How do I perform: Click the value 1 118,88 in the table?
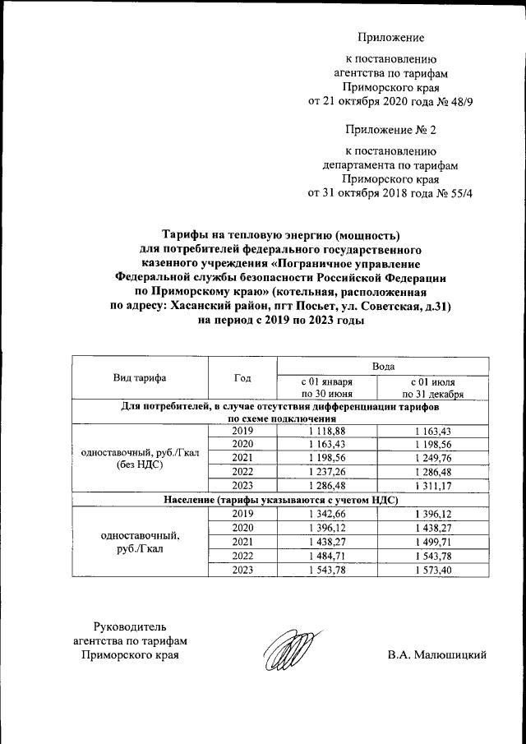tap(325, 431)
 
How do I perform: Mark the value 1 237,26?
tap(325, 471)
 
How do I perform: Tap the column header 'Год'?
tap(242, 378)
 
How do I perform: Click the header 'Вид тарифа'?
tap(140, 378)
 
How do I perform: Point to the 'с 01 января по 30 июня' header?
tap(326, 388)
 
